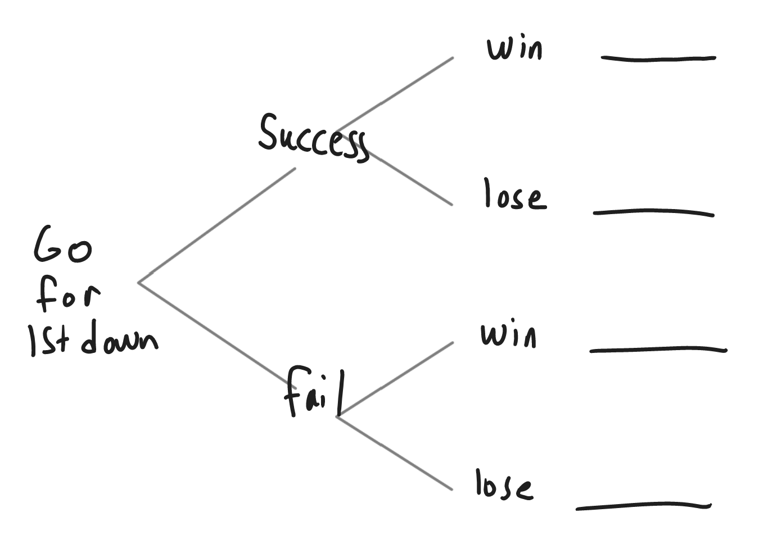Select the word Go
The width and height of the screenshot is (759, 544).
62,246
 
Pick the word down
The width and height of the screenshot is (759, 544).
120,339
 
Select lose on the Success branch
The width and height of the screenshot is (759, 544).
514,195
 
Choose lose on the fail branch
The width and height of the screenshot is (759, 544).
503,485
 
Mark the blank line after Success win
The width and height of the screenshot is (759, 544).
658,57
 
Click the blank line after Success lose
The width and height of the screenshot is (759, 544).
653,212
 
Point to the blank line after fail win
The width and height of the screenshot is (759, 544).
658,350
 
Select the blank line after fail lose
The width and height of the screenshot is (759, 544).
643,506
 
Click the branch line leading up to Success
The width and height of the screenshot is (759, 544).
216,225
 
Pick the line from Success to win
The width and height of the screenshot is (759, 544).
405,87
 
